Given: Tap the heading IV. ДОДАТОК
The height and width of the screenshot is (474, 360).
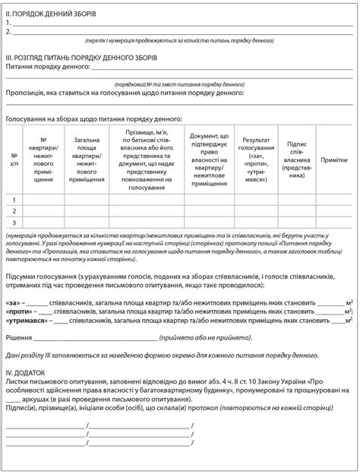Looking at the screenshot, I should coord(28,372).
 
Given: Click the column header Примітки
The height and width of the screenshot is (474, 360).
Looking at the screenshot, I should coord(334,160).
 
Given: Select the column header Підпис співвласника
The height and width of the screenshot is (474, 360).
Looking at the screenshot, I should coord(297,160).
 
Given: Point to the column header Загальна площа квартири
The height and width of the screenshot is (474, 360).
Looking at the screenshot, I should coord(86,160).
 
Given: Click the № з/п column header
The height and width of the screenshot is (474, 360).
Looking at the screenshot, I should coord(14,160).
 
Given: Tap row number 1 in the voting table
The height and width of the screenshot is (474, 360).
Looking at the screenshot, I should coord(14,199).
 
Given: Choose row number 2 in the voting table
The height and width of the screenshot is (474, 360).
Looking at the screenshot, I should coord(14,210).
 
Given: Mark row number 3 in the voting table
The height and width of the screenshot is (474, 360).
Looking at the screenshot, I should coord(14,222).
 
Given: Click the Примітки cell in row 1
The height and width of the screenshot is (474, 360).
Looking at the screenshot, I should coord(334,199).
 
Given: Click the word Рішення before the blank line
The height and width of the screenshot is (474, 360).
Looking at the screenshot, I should coord(20,337).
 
